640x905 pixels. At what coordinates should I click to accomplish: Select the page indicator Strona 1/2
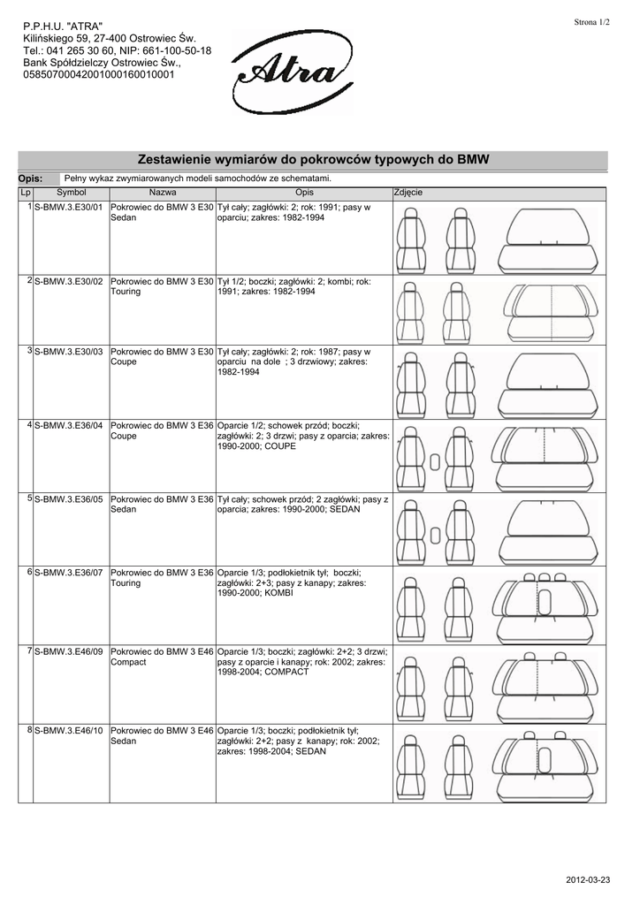click(592, 21)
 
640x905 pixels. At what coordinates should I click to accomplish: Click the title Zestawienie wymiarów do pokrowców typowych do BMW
click(314, 160)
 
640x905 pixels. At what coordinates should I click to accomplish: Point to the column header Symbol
click(72, 192)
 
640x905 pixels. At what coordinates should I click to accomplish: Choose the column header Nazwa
click(163, 192)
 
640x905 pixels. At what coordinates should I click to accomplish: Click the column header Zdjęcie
click(408, 192)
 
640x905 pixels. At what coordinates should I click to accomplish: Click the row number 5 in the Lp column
click(30, 499)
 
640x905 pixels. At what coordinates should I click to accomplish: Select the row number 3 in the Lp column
click(30, 352)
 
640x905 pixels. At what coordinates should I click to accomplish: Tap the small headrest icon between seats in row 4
click(436, 462)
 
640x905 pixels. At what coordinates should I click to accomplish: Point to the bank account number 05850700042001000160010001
click(99, 75)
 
